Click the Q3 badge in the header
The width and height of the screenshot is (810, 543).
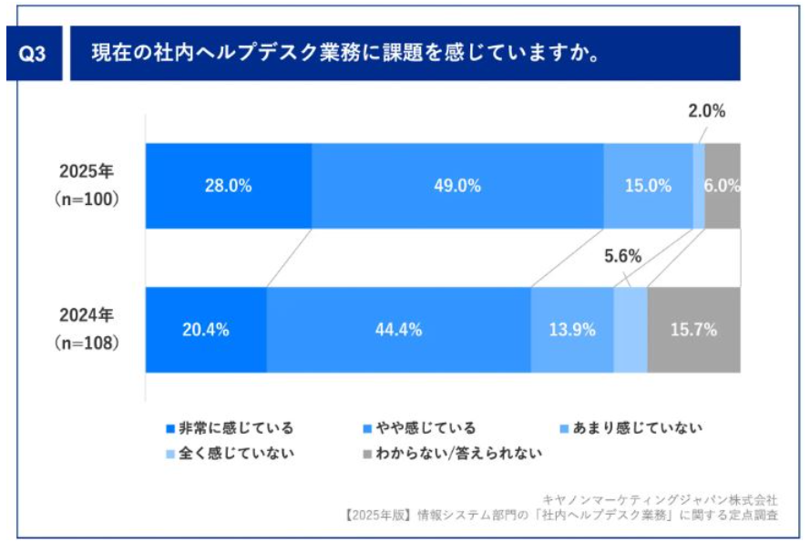33,54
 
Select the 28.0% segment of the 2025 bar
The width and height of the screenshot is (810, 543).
229,185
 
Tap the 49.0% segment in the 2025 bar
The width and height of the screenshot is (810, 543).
457,185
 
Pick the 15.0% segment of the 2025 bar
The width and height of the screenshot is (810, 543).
648,185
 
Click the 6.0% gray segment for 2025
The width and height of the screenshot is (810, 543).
722,185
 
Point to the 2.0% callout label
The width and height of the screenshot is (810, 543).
706,112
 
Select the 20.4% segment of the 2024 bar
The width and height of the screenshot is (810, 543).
206,330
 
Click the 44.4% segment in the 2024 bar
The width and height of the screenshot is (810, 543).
398,330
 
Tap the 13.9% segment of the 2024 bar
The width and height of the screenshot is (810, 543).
571,330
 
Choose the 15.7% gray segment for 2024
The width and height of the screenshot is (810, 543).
693,330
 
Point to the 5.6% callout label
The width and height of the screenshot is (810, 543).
623,257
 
